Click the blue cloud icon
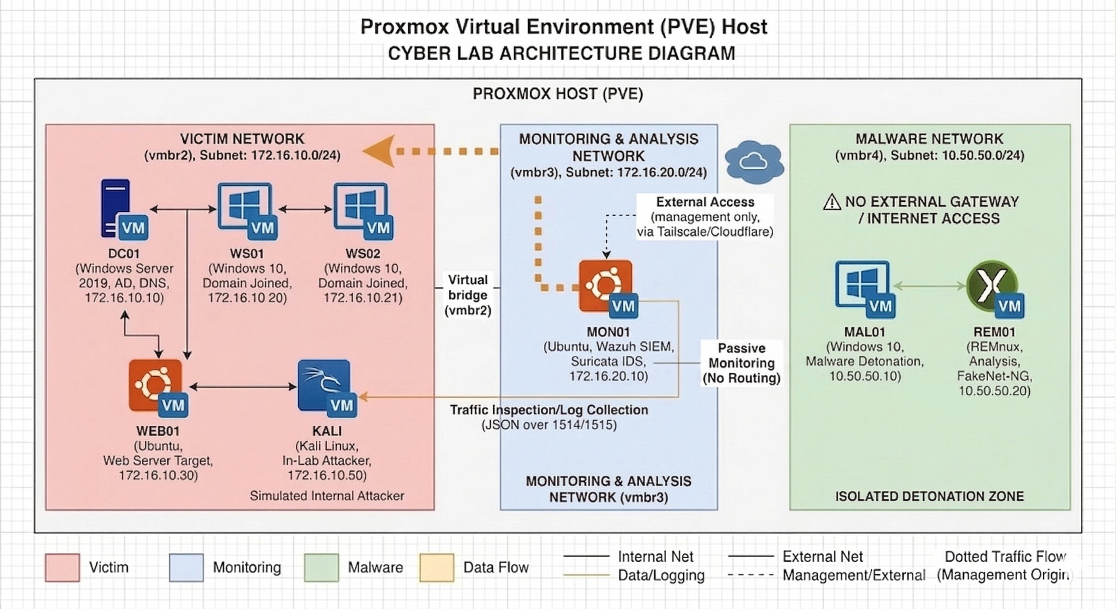(x=754, y=161)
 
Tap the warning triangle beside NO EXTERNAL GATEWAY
(x=831, y=202)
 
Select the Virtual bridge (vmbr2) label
(x=468, y=295)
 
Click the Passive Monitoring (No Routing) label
(x=741, y=363)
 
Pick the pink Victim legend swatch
(x=62, y=567)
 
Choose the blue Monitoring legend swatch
(x=186, y=567)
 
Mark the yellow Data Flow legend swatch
(x=437, y=567)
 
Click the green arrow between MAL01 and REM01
(x=929, y=285)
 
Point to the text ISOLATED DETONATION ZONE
(x=929, y=496)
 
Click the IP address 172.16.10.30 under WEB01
(x=158, y=475)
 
